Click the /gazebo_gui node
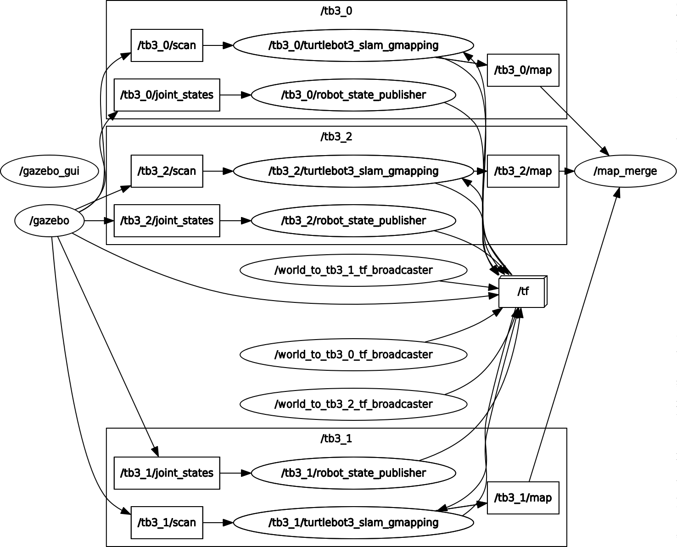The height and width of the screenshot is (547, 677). tap(50, 171)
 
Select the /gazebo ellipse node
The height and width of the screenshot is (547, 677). tap(50, 221)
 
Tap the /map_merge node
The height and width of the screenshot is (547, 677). tap(625, 171)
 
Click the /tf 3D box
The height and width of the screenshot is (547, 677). tap(522, 291)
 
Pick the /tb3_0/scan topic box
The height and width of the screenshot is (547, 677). tap(167, 45)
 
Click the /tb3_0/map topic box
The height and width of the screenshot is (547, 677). tap(523, 70)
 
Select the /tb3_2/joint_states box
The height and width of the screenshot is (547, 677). tap(167, 221)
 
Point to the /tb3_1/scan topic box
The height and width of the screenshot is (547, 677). tap(167, 523)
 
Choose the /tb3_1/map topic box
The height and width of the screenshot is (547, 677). tap(523, 498)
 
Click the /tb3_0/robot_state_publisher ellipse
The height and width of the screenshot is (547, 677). tap(353, 95)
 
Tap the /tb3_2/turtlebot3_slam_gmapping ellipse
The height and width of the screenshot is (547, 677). tap(353, 171)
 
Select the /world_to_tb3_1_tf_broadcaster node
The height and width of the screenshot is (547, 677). tap(353, 270)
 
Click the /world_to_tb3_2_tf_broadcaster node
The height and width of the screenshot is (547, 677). tap(353, 404)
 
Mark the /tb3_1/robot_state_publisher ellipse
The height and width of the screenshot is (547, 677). tap(353, 473)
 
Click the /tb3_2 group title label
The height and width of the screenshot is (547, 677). tap(336, 137)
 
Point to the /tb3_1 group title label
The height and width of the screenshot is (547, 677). tap(336, 439)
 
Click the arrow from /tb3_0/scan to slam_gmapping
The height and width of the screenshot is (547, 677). tap(218, 45)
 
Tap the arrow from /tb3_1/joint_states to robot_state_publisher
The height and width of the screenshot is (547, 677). tap(235, 473)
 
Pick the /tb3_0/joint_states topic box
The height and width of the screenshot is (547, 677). tap(167, 95)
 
